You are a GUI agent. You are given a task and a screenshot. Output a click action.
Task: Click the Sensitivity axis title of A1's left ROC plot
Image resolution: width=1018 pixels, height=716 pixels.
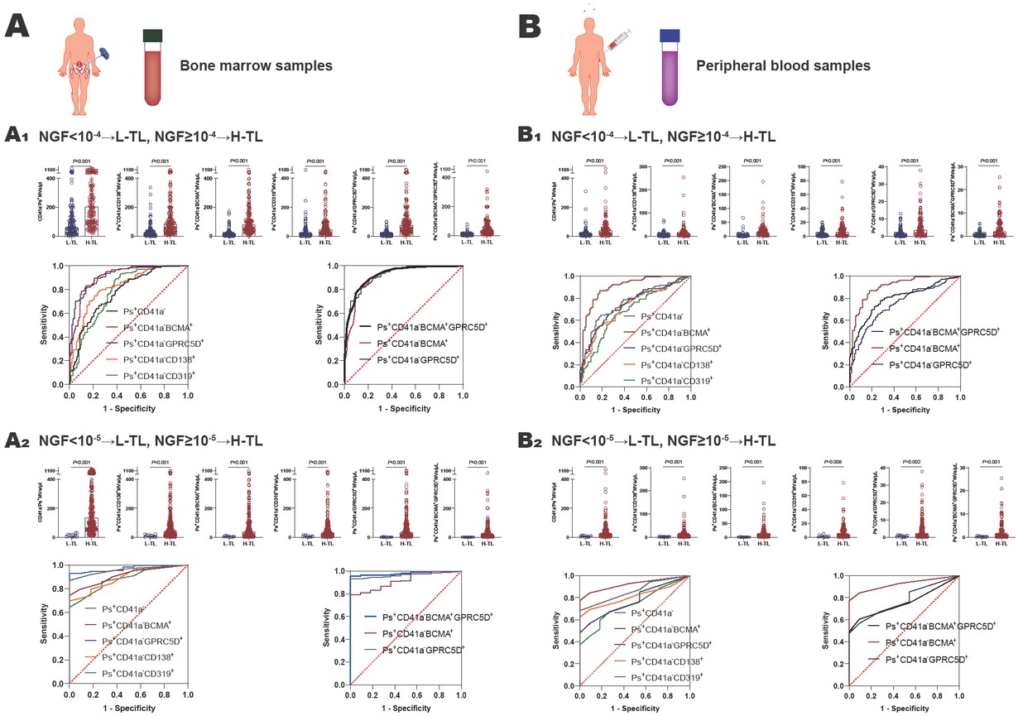click(x=45, y=325)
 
